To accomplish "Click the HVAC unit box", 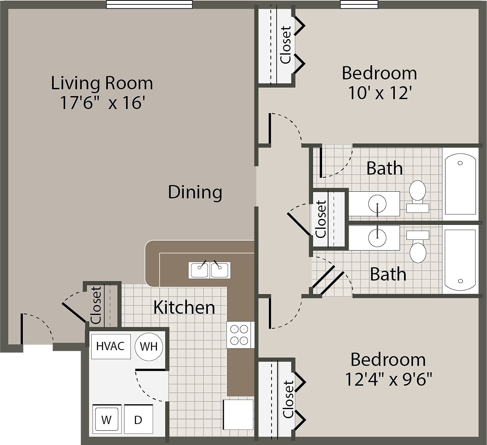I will point(111,346).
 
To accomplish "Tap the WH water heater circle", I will point(149,347).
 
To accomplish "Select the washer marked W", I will point(106,419).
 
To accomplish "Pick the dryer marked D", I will point(138,419).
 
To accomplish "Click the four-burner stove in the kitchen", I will point(240,335).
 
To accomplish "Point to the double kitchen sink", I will point(209,270).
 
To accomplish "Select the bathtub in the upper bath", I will point(460,184).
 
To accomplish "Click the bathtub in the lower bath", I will point(460,260).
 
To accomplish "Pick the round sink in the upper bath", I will point(378,204).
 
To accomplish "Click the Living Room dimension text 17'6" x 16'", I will point(102,103).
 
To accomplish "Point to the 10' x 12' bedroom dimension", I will point(380,93).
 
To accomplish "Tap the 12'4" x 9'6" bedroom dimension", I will point(388,380).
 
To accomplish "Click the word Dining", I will point(195,192).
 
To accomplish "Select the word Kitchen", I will point(184,307).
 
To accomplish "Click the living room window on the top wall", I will point(149,4).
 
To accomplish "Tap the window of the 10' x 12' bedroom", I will point(359,4).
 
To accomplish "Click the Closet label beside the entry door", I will point(96,305).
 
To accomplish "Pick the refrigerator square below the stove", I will point(238,414).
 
